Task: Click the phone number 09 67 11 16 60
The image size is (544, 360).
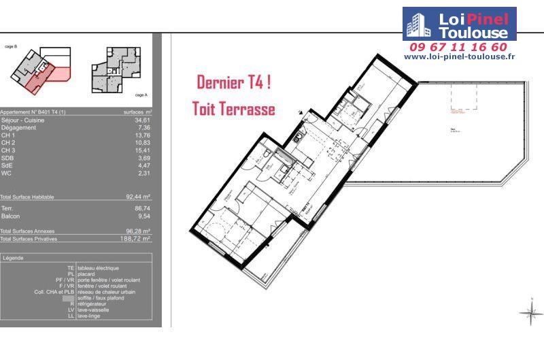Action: click(x=458, y=47)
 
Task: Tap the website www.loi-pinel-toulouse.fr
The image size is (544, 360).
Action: click(x=459, y=56)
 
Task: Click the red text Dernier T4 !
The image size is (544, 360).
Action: click(x=234, y=83)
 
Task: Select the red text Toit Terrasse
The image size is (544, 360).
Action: click(x=234, y=109)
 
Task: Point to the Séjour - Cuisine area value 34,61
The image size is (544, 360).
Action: click(x=142, y=120)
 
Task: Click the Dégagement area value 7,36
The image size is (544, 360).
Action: click(x=143, y=127)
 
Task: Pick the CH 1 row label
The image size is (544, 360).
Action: click(x=8, y=135)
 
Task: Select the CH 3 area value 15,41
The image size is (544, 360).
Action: click(x=142, y=150)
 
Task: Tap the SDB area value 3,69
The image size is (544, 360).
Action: click(x=143, y=158)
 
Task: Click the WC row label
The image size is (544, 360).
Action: click(x=6, y=173)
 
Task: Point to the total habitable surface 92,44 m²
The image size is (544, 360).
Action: click(x=139, y=197)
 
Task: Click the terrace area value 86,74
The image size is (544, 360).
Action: click(x=142, y=208)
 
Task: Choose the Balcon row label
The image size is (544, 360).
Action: click(x=11, y=216)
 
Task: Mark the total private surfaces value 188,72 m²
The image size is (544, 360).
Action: click(x=137, y=239)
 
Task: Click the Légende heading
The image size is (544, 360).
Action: click(x=13, y=258)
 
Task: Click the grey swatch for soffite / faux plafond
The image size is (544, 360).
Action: click(x=68, y=298)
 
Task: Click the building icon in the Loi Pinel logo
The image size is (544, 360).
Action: click(x=416, y=24)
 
